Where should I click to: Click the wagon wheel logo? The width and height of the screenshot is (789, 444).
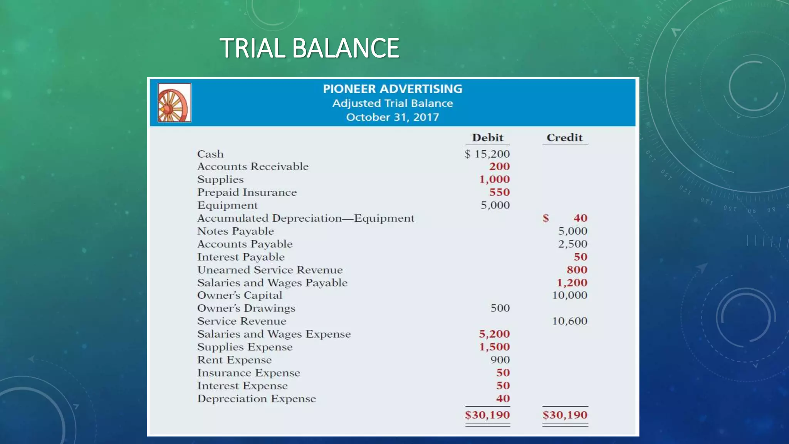coord(174,103)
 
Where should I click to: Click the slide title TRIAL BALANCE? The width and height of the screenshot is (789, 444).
coord(309,48)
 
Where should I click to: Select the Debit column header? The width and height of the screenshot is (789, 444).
coord(487,138)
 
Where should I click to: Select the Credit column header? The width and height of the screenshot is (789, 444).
coord(564,138)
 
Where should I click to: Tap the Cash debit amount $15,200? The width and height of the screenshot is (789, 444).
coord(487,154)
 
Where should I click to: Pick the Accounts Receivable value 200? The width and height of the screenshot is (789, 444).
coord(499,166)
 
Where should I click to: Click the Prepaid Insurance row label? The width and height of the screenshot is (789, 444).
coord(247,192)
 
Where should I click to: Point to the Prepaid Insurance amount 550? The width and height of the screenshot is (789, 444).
coord(499,192)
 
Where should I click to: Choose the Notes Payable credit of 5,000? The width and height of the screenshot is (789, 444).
coord(572,231)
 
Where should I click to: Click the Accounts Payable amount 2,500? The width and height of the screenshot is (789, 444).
coord(572,244)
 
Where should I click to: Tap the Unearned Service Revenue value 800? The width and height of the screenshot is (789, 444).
coord(577,270)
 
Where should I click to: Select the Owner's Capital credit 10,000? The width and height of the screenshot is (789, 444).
coord(569,295)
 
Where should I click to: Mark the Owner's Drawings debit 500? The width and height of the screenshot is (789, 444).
coord(500,308)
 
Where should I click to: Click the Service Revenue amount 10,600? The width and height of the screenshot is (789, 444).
coord(569,321)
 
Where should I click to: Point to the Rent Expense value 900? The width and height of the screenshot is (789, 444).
coord(500,360)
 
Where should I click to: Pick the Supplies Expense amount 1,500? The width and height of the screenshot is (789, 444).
coord(494,347)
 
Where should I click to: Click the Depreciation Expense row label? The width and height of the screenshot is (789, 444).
coord(257,399)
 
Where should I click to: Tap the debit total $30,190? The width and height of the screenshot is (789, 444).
coord(487,415)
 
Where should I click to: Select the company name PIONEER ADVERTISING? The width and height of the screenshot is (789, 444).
coord(392,89)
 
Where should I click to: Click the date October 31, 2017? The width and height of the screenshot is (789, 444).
coord(392,117)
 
